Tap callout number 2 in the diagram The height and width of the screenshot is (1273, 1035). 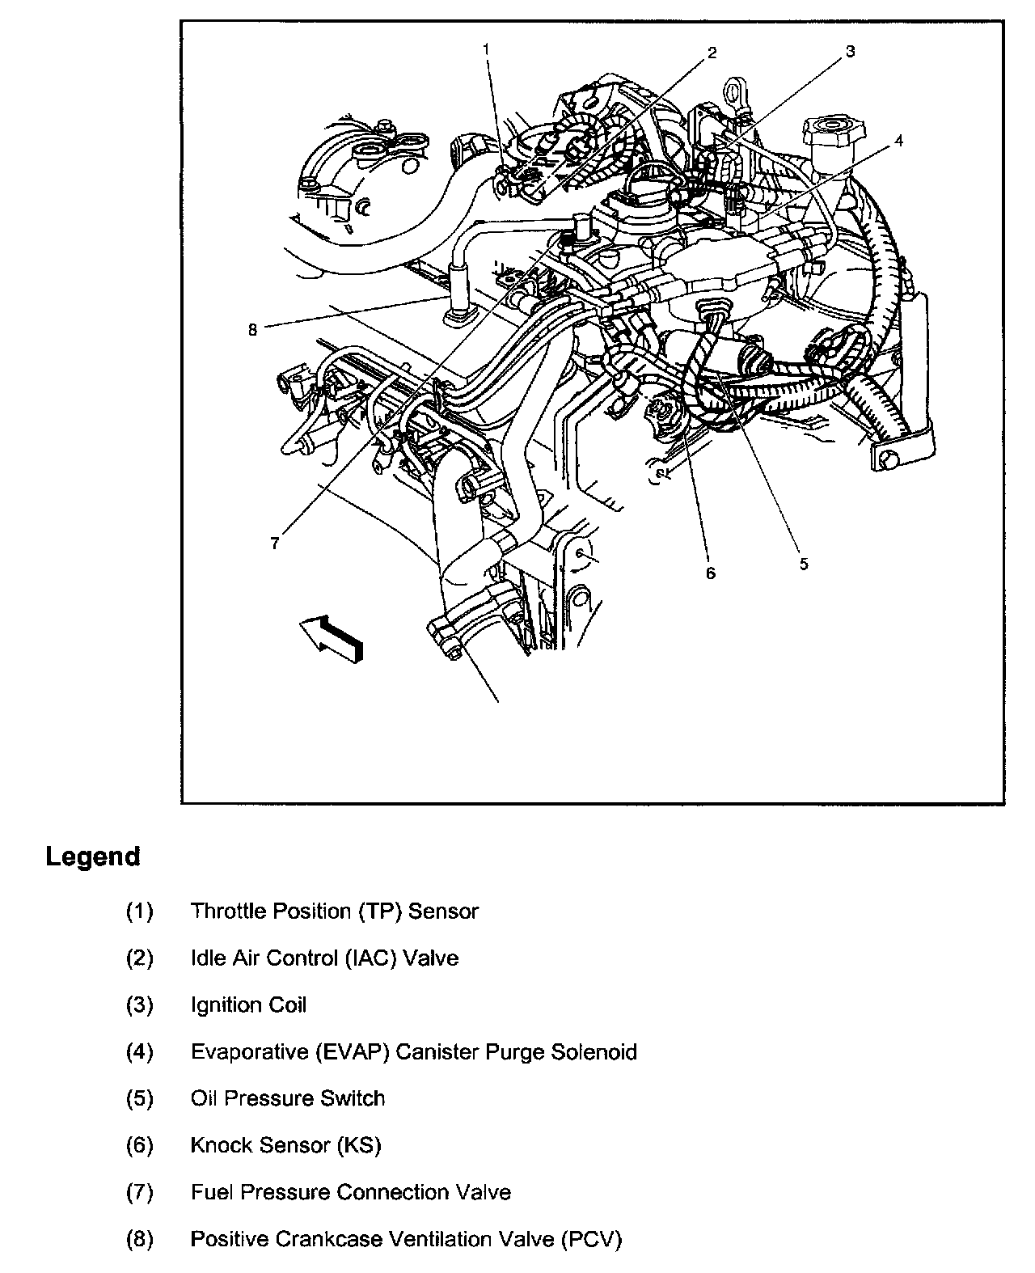click(712, 53)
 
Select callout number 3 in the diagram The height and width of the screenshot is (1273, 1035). click(850, 52)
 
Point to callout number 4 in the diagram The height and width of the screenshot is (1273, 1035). click(898, 141)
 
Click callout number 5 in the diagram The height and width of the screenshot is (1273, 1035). click(804, 564)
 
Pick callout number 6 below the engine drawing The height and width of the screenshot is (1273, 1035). click(711, 573)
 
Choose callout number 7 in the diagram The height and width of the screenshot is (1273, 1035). click(275, 543)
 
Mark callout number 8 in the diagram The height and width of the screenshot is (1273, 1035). click(252, 330)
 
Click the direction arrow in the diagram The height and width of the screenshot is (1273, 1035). click(332, 637)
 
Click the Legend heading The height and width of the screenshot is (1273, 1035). click(93, 856)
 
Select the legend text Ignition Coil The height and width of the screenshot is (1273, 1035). click(248, 1005)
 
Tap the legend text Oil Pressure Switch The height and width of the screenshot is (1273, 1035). click(287, 1098)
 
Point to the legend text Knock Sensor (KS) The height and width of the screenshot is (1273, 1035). click(285, 1145)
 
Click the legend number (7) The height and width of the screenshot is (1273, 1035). click(139, 1192)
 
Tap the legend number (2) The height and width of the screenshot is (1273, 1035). click(139, 958)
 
